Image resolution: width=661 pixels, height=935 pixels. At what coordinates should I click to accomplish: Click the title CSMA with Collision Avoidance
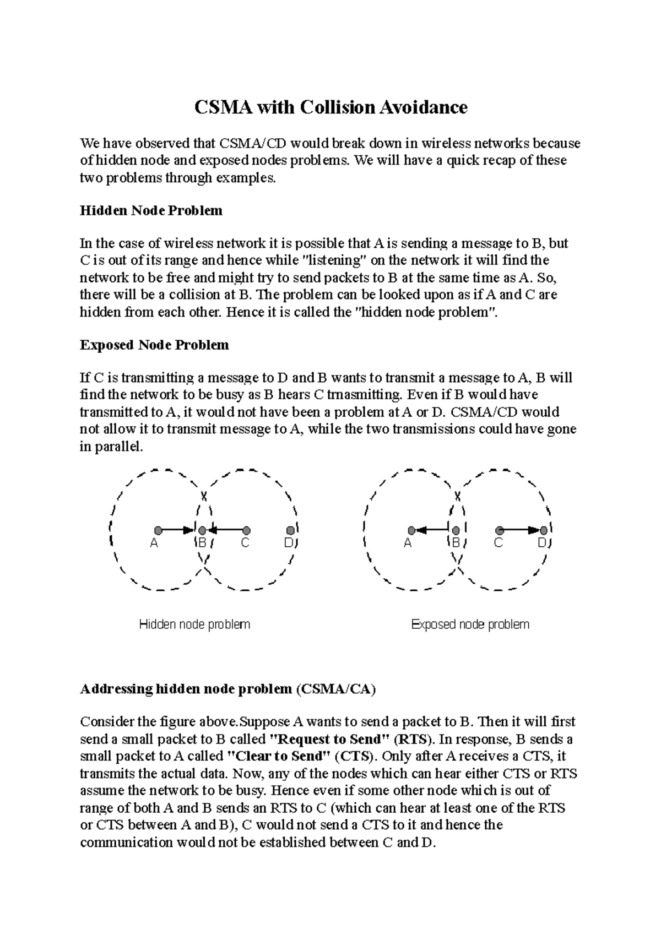click(x=330, y=107)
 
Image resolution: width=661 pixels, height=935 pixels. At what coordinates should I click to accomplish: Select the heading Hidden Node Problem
click(x=151, y=211)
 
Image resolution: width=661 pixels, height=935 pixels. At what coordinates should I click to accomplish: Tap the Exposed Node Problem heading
click(x=154, y=345)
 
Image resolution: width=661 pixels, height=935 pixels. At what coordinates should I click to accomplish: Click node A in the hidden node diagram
click(x=158, y=530)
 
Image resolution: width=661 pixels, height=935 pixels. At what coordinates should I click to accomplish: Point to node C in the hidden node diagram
click(x=246, y=530)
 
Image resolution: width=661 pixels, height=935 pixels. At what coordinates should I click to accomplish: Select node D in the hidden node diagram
click(x=290, y=530)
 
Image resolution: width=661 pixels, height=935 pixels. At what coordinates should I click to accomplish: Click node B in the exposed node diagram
click(x=456, y=530)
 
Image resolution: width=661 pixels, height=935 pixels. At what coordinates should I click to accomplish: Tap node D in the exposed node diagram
click(x=544, y=530)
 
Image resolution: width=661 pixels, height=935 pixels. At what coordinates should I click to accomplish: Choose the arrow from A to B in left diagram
click(x=177, y=530)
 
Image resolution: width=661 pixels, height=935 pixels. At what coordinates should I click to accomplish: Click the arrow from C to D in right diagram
click(x=521, y=530)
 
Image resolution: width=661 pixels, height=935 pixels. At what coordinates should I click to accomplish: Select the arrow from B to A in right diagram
click(x=432, y=530)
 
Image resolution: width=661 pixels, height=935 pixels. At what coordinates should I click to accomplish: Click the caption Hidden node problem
click(x=194, y=624)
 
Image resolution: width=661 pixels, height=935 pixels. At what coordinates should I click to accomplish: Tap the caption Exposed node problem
click(x=470, y=624)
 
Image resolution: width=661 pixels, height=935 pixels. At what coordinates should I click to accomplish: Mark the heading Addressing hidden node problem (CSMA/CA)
click(x=227, y=689)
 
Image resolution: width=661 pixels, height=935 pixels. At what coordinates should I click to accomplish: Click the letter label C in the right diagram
click(x=499, y=543)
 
